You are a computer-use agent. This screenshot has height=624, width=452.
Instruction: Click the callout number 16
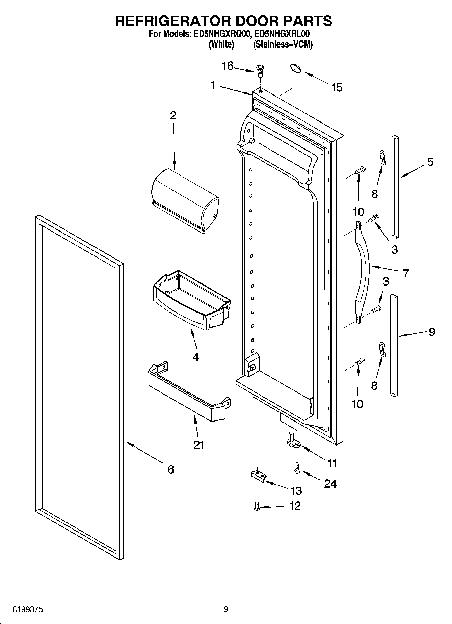coord(228,66)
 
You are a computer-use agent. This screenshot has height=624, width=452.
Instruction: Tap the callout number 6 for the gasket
coord(171,469)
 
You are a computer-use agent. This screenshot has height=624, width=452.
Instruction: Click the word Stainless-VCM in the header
coord(283,44)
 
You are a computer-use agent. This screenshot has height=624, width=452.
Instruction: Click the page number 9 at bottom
coord(225,609)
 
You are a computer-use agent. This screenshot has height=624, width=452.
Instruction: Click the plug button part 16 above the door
coord(260,70)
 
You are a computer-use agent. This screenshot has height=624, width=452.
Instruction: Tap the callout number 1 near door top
coord(213,86)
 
